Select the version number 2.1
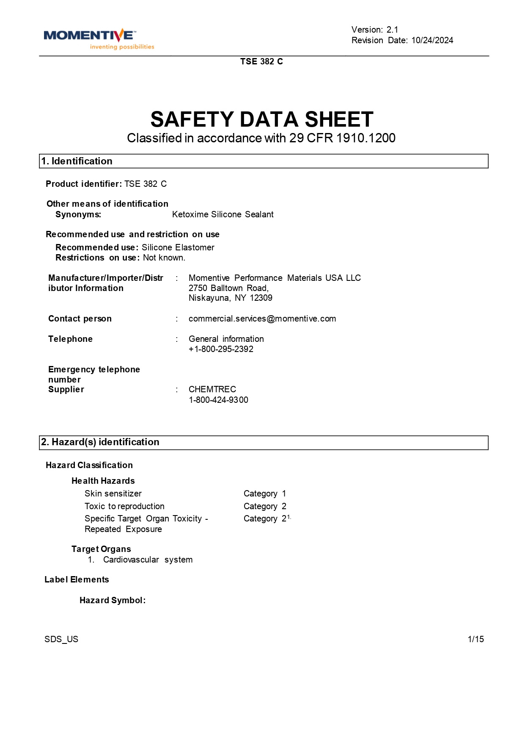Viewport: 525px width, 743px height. tap(392, 30)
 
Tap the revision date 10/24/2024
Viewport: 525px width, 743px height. tap(432, 40)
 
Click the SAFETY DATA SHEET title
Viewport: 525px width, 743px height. tap(262, 119)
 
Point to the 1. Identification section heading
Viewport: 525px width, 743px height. tap(77, 161)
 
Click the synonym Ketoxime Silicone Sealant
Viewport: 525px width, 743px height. tap(223, 214)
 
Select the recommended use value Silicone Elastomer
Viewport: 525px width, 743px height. tap(178, 247)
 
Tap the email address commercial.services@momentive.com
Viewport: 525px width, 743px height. tap(262, 319)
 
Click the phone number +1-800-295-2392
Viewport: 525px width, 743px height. tap(221, 349)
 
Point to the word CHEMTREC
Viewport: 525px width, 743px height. tap(212, 389)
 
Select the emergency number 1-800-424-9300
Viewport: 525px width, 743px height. tap(218, 400)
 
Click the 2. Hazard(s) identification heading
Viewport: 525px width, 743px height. tap(100, 442)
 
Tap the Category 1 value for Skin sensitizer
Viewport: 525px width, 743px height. tap(265, 493)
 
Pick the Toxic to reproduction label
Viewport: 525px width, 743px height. tap(124, 506)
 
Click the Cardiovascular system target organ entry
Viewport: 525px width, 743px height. tap(148, 560)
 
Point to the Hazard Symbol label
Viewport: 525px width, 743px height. tap(113, 600)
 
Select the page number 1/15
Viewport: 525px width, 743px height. tap(476, 639)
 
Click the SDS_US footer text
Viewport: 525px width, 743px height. tap(61, 639)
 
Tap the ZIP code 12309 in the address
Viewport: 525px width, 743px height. tap(261, 298)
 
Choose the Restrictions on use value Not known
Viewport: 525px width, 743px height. tap(164, 258)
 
